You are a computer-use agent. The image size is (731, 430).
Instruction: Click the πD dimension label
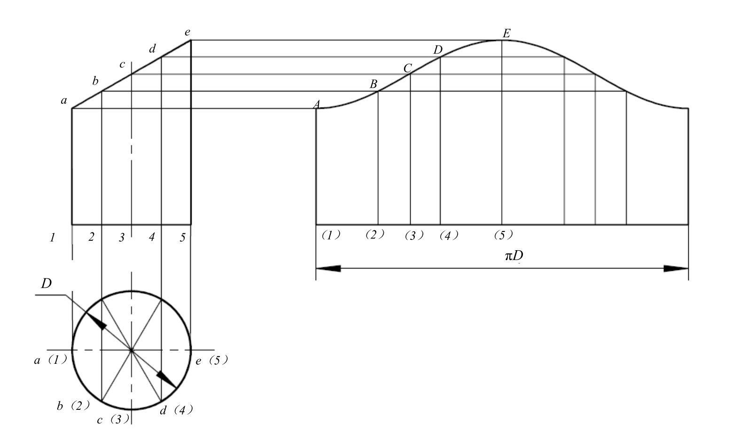click(x=514, y=256)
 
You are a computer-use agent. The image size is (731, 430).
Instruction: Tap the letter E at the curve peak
click(x=506, y=33)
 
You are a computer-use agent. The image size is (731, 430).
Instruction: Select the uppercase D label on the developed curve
click(x=438, y=50)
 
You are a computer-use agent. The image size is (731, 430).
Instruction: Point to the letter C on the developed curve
click(x=408, y=68)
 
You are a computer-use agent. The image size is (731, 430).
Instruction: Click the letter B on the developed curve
click(x=373, y=84)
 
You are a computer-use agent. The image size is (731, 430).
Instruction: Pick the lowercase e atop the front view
click(x=187, y=32)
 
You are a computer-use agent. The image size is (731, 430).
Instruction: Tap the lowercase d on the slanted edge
click(x=152, y=49)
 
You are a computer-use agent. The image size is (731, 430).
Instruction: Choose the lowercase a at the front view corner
click(x=64, y=100)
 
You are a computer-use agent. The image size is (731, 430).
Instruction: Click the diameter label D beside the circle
click(x=47, y=284)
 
